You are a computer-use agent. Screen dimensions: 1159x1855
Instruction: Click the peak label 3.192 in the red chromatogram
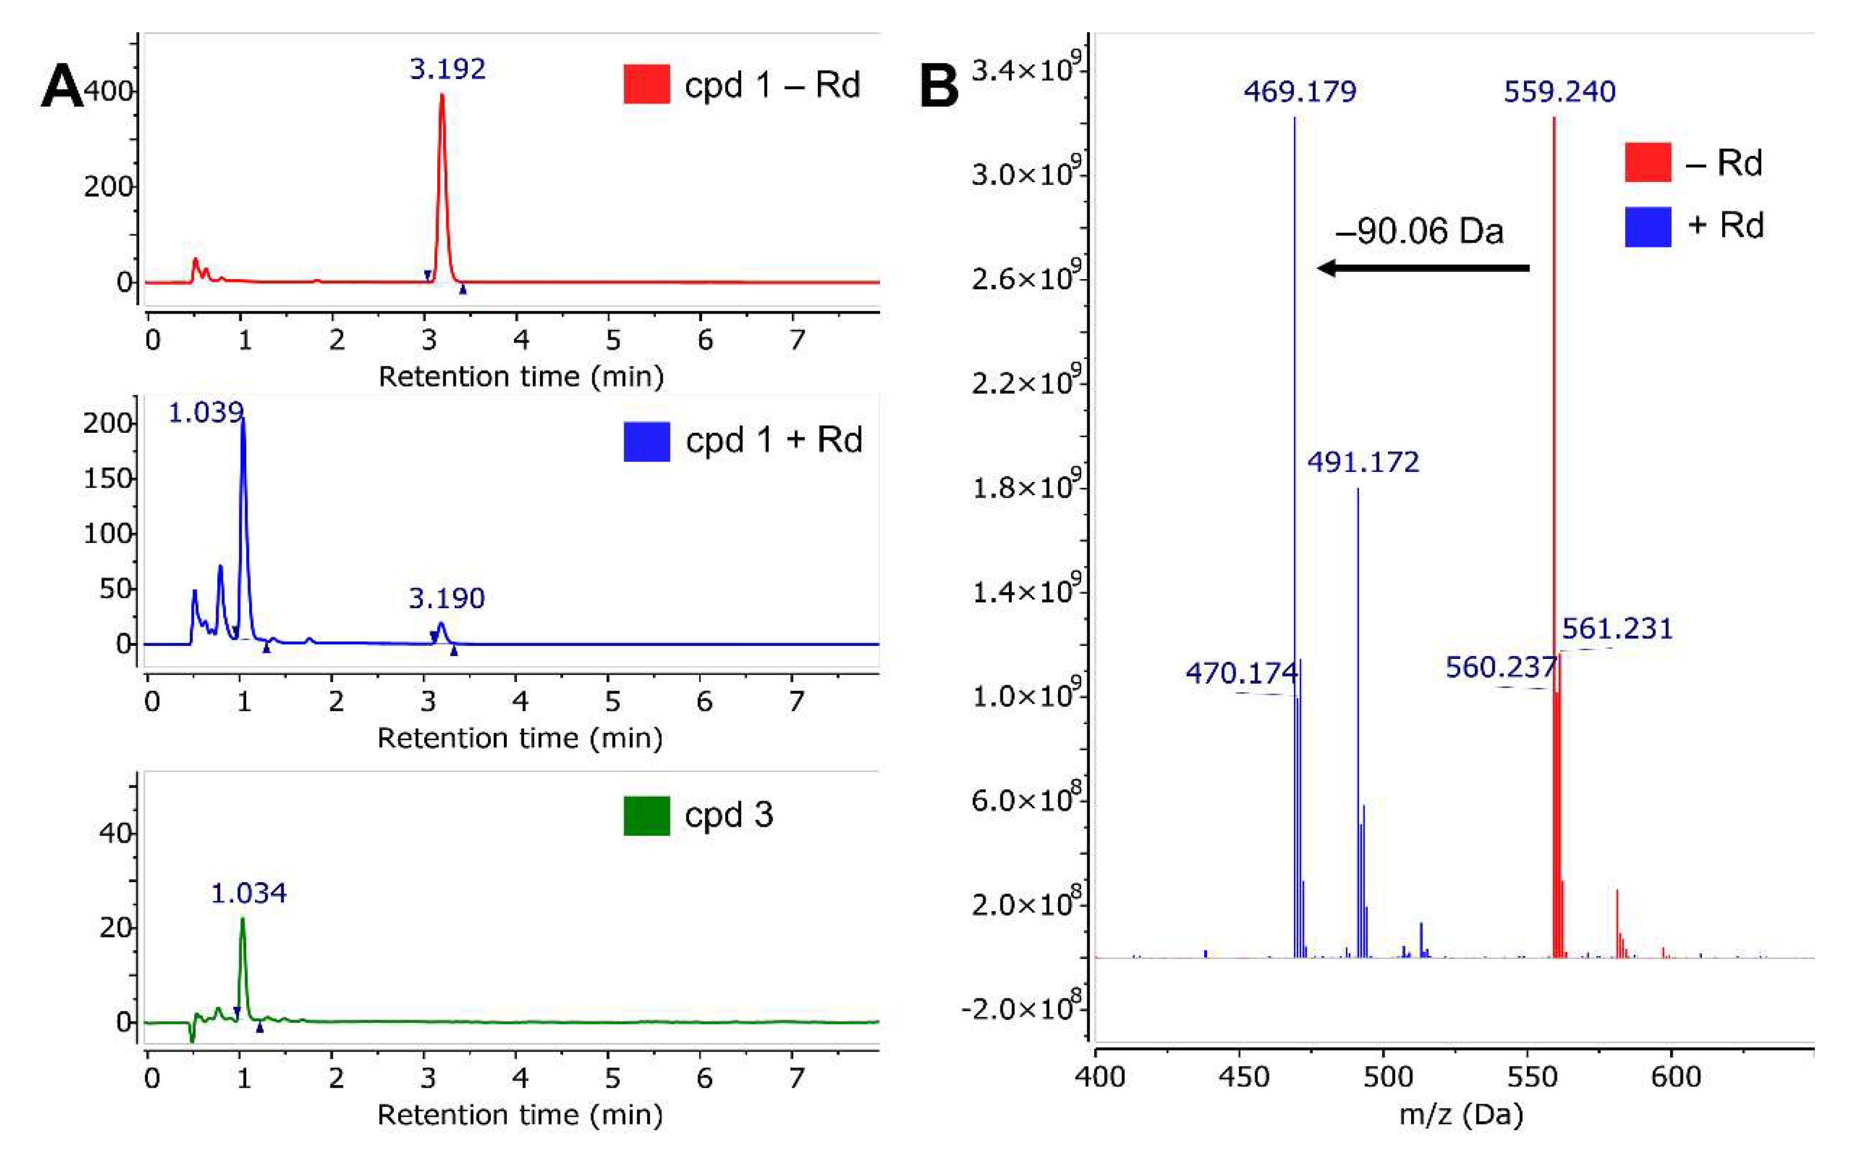click(447, 70)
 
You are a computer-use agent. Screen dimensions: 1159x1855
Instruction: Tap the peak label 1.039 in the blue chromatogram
click(206, 413)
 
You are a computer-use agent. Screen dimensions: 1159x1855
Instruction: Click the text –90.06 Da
click(1419, 231)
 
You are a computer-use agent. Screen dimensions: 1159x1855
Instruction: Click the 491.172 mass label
click(1363, 462)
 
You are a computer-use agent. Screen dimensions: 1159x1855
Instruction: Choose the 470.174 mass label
click(1241, 674)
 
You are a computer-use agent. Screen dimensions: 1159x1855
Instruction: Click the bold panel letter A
click(62, 86)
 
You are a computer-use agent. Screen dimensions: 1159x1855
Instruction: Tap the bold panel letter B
click(939, 86)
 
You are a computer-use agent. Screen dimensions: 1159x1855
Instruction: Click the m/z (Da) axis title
click(1460, 1114)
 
